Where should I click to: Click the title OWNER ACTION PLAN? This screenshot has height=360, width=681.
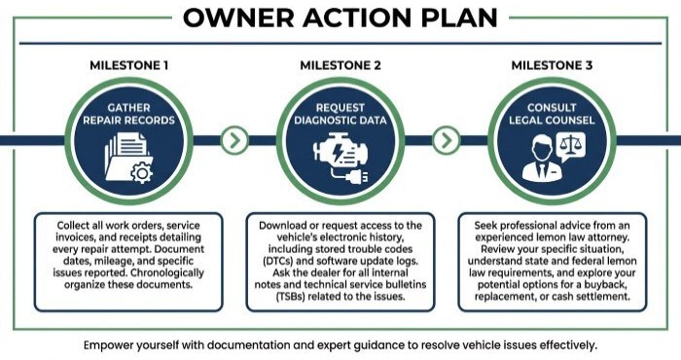tap(340, 18)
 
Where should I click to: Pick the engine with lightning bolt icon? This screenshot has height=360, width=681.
tap(340, 159)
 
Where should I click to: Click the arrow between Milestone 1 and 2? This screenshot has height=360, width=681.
tap(233, 141)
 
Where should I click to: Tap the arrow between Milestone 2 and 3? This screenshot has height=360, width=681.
tap(446, 141)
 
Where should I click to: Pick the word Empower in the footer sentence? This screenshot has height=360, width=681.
tap(112, 344)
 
